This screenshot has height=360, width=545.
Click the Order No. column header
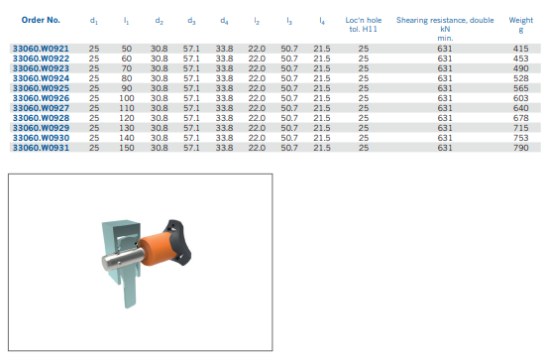click(41, 20)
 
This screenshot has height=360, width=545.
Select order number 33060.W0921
click(41, 49)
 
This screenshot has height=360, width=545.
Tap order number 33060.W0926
click(41, 98)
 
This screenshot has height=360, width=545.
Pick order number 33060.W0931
click(41, 148)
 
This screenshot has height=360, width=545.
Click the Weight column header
click(520, 25)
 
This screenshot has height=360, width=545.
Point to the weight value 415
click(520, 49)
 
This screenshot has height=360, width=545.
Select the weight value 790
click(520, 148)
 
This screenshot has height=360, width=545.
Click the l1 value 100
click(127, 98)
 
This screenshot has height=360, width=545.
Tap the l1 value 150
click(127, 148)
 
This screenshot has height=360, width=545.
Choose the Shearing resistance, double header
click(445, 20)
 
